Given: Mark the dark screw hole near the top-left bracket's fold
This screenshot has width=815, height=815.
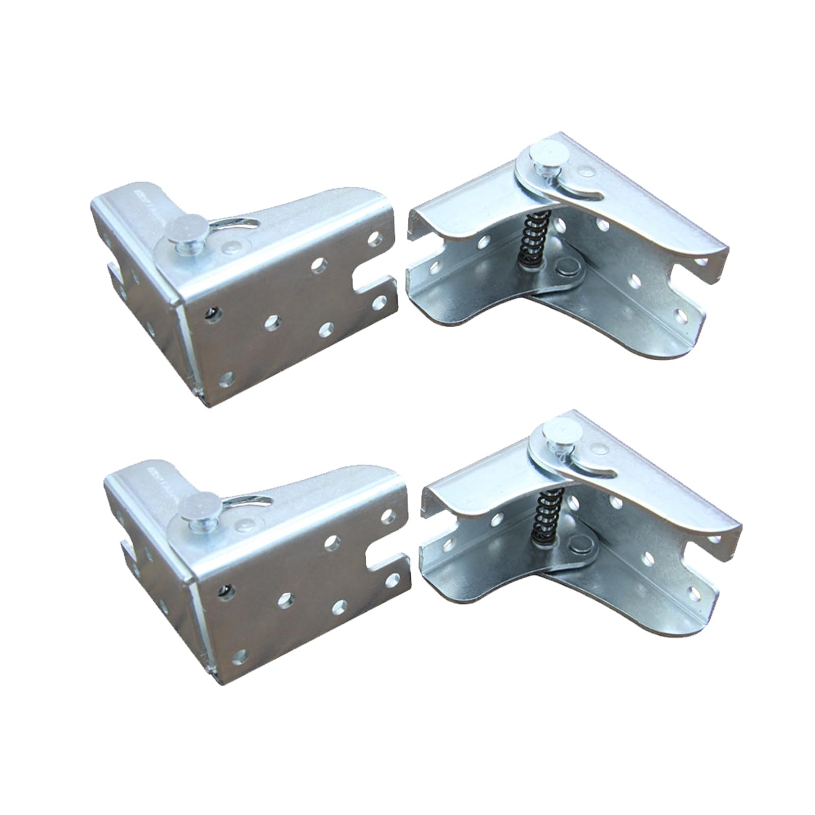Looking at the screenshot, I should pyautogui.click(x=211, y=311).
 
